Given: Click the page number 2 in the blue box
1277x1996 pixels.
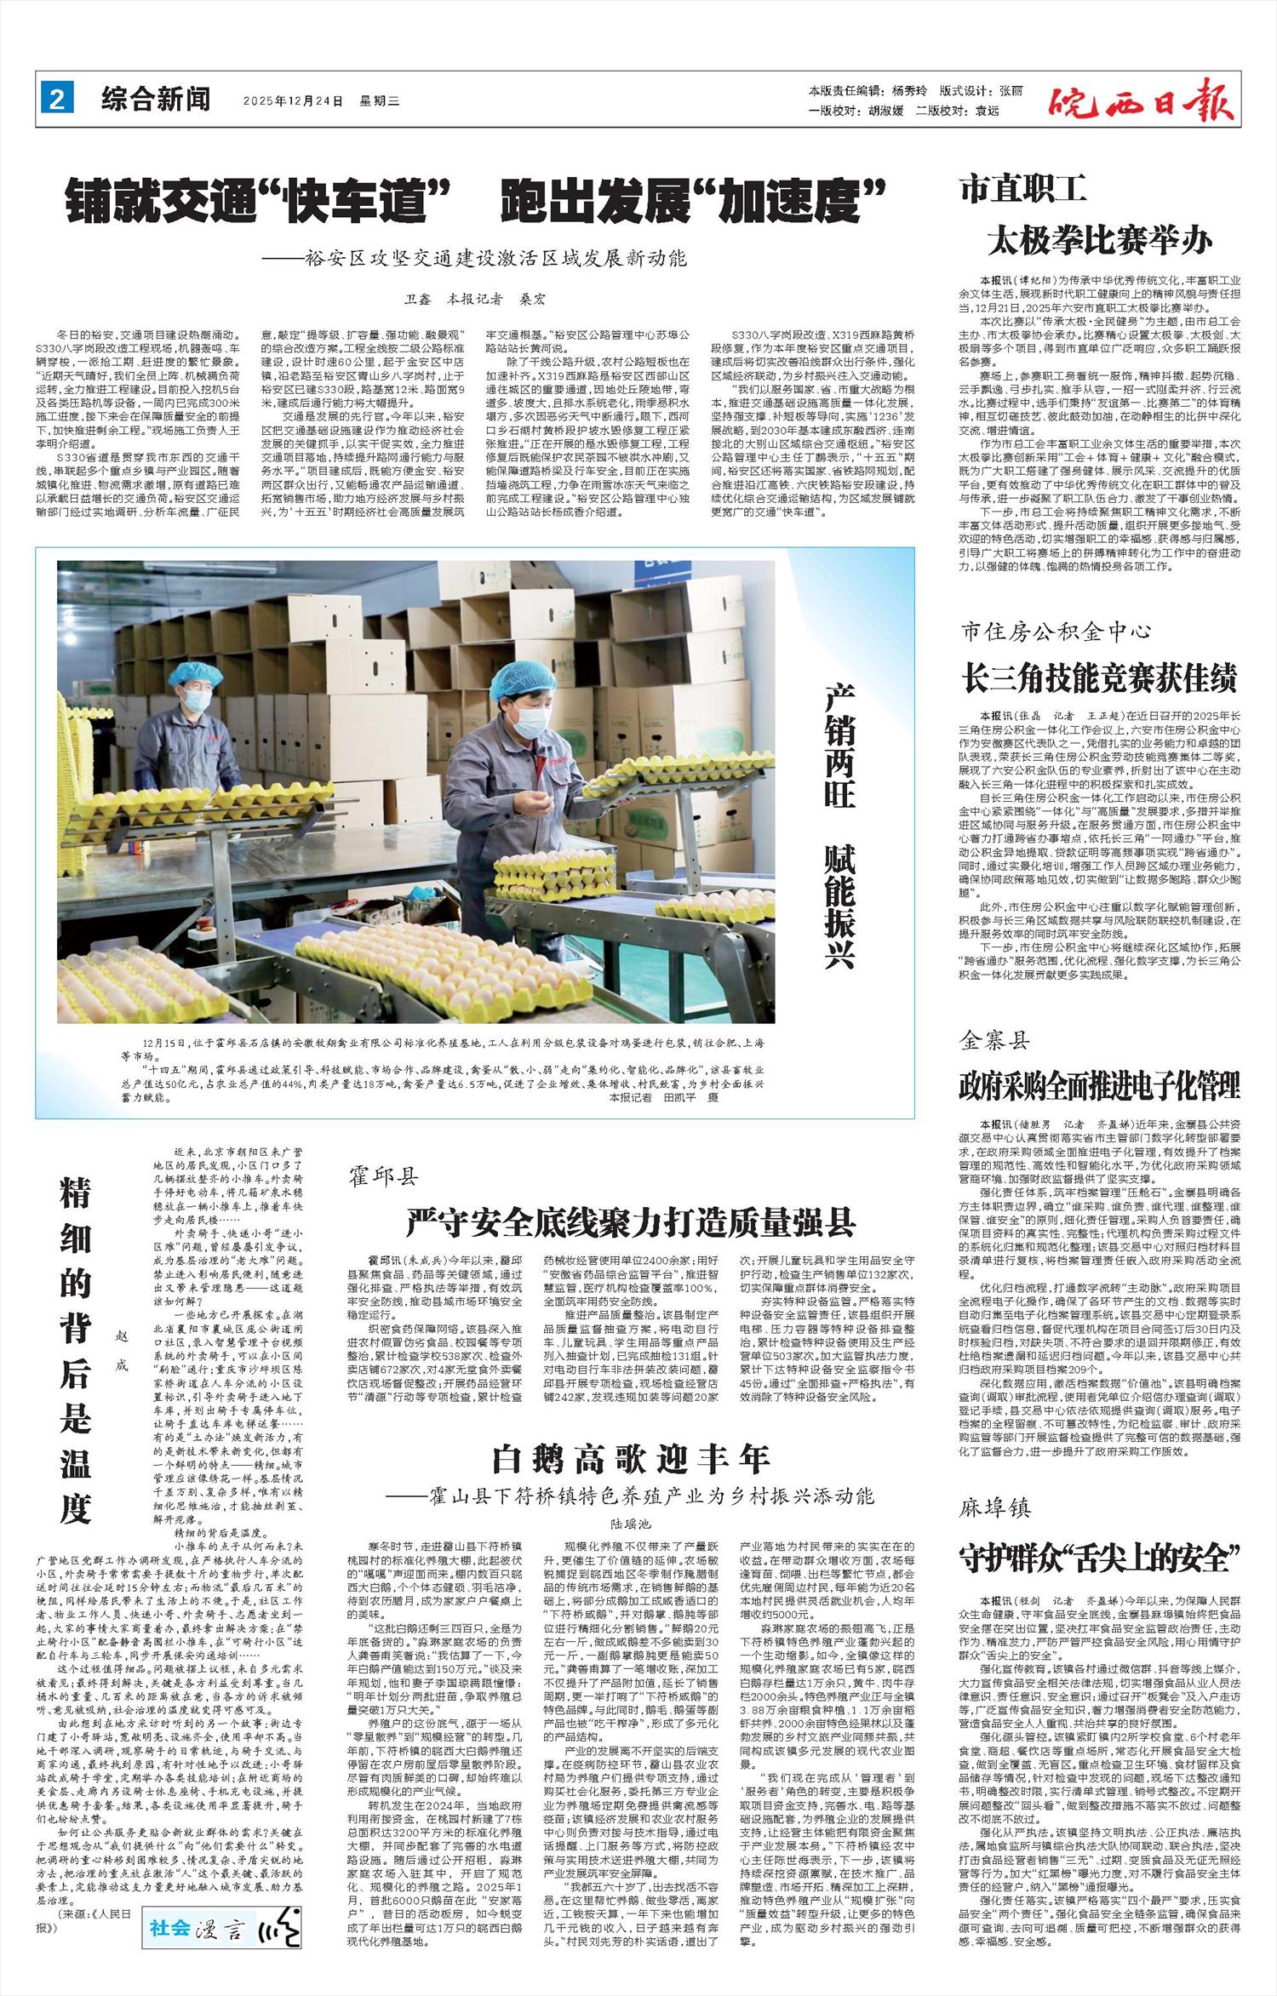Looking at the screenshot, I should (x=57, y=100).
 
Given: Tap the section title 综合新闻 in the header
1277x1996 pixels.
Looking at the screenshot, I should (x=156, y=100).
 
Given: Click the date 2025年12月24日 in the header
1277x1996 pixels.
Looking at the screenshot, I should (x=292, y=100).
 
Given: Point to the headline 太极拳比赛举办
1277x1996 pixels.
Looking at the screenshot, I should (x=1099, y=240).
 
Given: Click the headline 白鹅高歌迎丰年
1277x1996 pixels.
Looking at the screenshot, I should (x=631, y=1459).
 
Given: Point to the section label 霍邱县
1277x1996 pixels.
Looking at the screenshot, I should (x=383, y=1177).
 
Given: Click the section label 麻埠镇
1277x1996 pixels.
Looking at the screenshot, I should (x=995, y=1508).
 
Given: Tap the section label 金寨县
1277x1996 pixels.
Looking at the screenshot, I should (x=995, y=1040).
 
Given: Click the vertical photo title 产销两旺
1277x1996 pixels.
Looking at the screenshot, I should (x=840, y=746).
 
